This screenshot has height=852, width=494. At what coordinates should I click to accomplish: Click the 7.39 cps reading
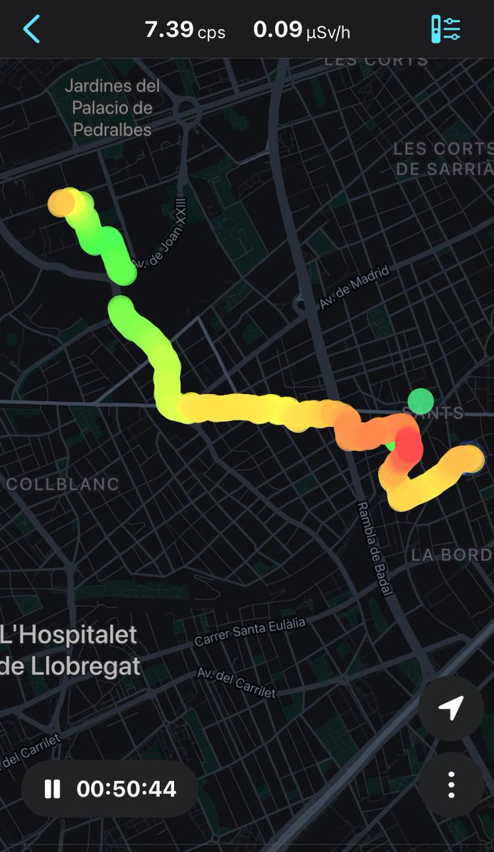[184, 30]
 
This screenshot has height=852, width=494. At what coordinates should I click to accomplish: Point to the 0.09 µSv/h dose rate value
[301, 30]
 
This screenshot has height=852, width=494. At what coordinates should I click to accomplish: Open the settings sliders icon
[446, 29]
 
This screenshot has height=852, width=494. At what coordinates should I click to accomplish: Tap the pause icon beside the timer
[53, 789]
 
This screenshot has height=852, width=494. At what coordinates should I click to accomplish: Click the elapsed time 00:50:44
[127, 789]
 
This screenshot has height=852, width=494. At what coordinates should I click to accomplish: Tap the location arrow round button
[451, 708]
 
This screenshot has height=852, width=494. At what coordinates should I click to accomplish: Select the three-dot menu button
[451, 785]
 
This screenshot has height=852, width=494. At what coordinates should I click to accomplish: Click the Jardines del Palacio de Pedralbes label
[112, 108]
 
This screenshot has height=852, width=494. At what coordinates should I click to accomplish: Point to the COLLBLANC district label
[63, 484]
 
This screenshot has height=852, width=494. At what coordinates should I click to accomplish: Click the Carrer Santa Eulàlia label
[249, 631]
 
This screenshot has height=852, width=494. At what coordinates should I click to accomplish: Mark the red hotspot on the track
[408, 444]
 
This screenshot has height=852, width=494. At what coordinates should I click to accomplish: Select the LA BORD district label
[451, 555]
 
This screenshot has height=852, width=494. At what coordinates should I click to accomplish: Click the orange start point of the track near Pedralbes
[61, 203]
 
